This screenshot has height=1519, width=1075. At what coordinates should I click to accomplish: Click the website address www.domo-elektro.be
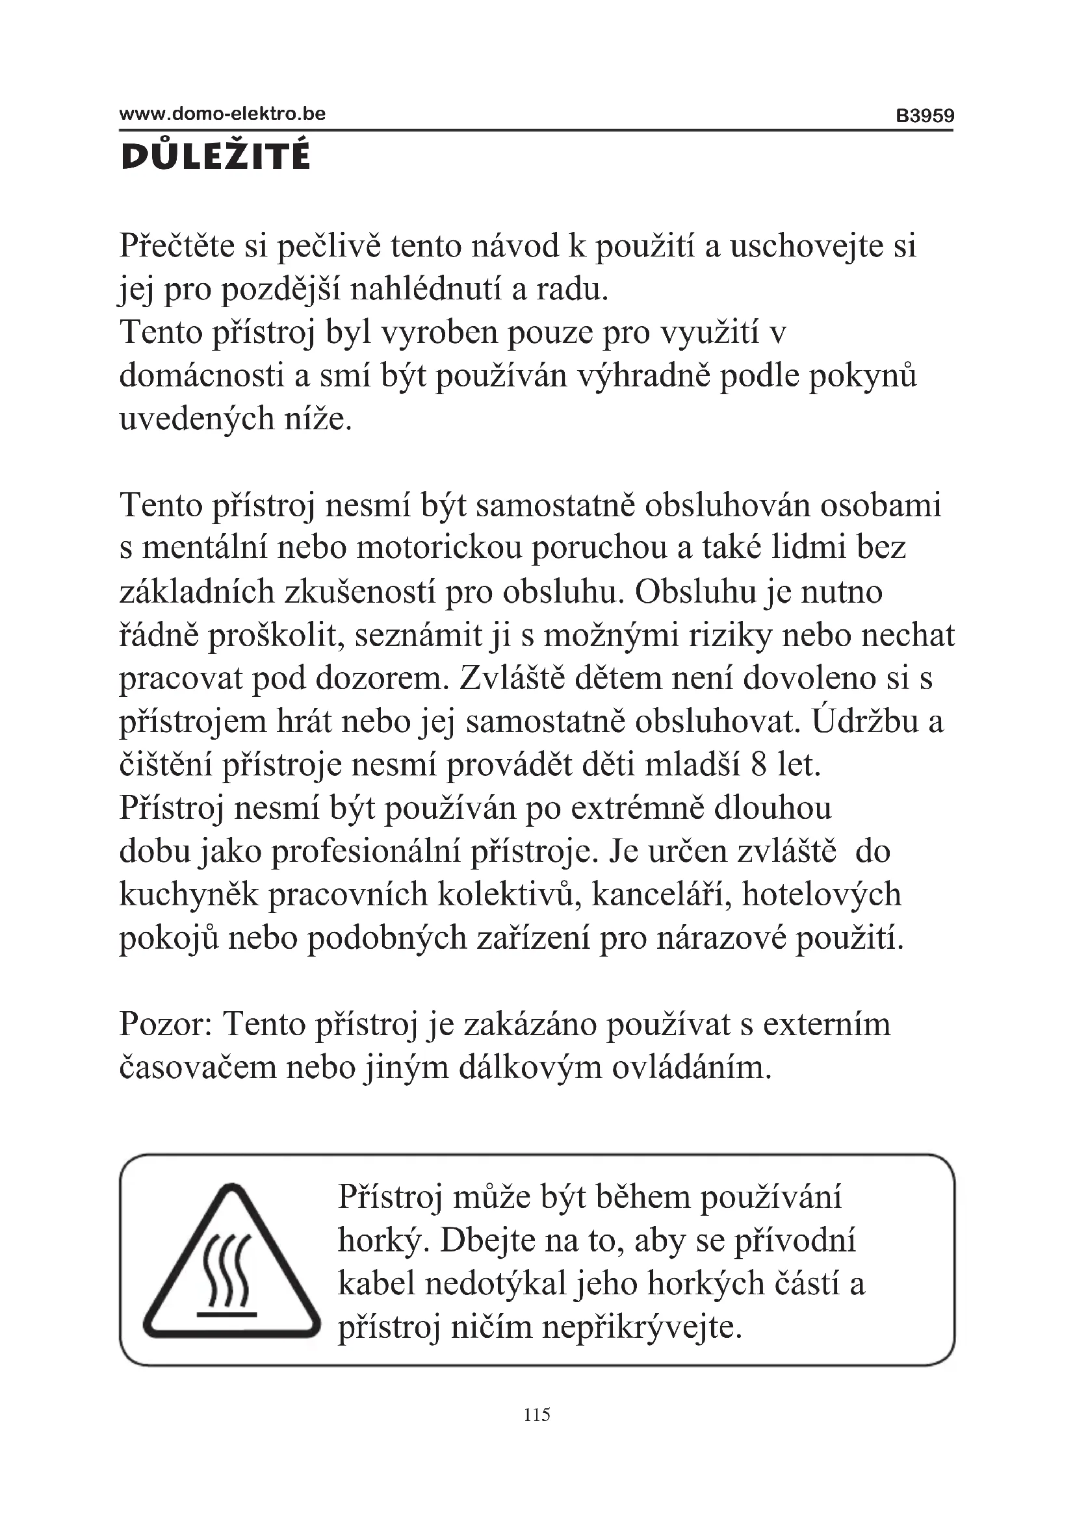pos(222,114)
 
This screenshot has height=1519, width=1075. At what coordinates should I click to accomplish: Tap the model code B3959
pos(925,116)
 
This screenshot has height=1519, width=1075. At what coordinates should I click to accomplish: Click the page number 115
pos(537,1414)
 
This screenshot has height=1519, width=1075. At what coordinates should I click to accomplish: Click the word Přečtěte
pos(177,246)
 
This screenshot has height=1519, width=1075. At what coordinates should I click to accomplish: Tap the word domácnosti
pos(202,376)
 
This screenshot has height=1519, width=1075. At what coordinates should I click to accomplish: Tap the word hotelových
pos(821,894)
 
